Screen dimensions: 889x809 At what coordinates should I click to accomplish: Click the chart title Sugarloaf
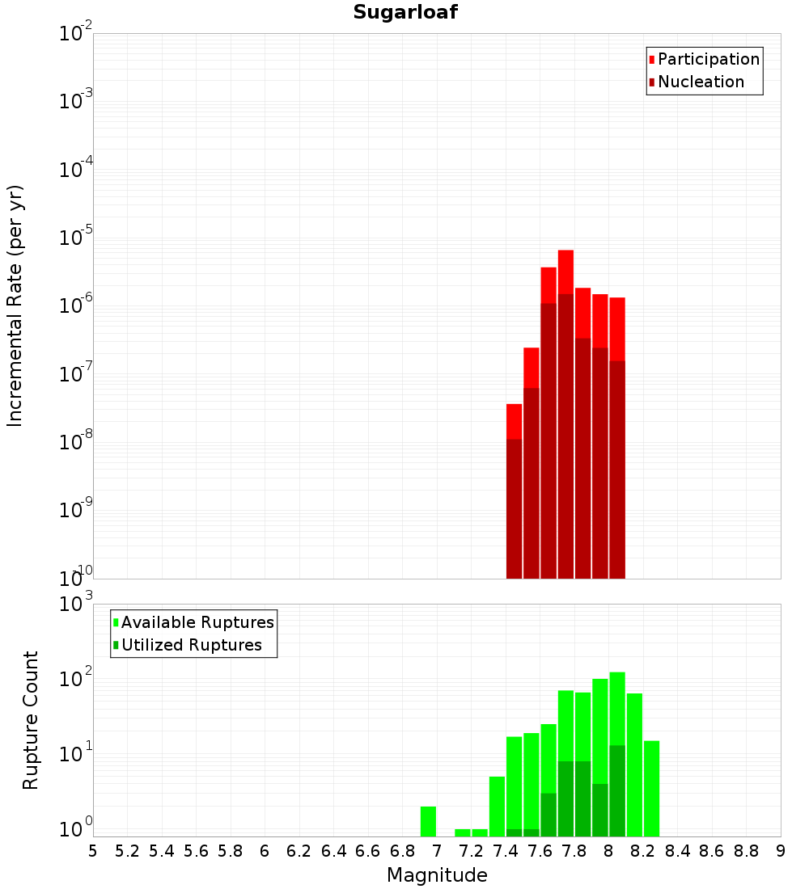pos(405,13)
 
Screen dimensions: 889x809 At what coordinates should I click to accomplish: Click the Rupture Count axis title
pos(31,719)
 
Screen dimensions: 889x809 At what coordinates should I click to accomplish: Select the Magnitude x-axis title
pos(437,875)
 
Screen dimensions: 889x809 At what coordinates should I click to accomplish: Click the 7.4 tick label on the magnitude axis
pos(506,851)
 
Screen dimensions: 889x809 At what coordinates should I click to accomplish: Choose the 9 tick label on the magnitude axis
pos(781,851)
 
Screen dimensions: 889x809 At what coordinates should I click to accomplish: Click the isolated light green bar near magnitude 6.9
pos(429,820)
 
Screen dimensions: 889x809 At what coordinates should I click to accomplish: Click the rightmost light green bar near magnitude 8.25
pos(652,788)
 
